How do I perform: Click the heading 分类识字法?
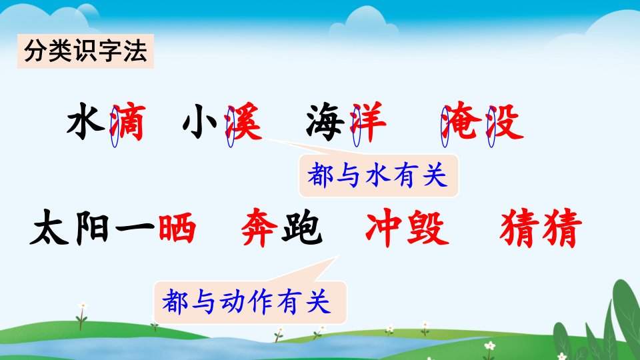point(85,51)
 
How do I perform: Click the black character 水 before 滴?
point(86,121)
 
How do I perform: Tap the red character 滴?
point(128,122)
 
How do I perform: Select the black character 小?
point(200,121)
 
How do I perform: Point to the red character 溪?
point(244,121)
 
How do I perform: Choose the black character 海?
point(325,122)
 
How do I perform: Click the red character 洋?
point(368,121)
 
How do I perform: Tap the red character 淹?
point(460,121)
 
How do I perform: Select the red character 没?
point(505,121)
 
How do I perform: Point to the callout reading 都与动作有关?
point(250,302)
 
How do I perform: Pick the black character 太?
point(49,227)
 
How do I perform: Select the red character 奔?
point(259,227)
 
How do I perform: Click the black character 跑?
point(303,227)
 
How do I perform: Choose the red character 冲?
point(385,227)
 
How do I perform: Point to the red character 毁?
point(428,227)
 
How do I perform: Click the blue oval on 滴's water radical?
point(115,126)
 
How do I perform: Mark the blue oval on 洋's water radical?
point(357,126)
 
